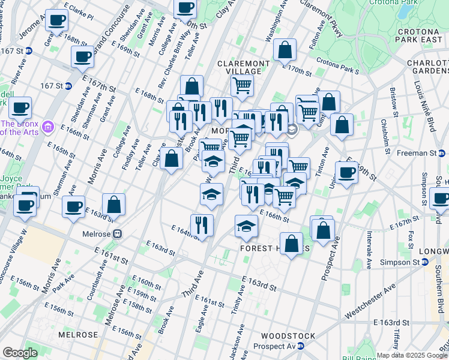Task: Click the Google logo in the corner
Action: point(20,353)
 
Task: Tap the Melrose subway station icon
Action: point(118,234)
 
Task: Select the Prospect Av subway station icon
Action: point(301,346)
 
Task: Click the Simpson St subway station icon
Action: point(425,262)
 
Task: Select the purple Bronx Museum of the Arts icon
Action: point(49,127)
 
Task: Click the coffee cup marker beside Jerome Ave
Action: point(57,20)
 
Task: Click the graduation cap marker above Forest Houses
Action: point(246,226)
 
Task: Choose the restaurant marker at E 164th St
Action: point(202,225)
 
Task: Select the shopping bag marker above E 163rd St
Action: point(113,205)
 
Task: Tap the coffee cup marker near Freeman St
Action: point(346,172)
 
